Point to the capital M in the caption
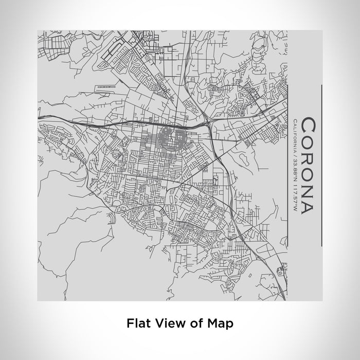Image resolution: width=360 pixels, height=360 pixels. coord(210,323)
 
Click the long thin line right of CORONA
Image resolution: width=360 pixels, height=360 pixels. coord(321,165)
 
